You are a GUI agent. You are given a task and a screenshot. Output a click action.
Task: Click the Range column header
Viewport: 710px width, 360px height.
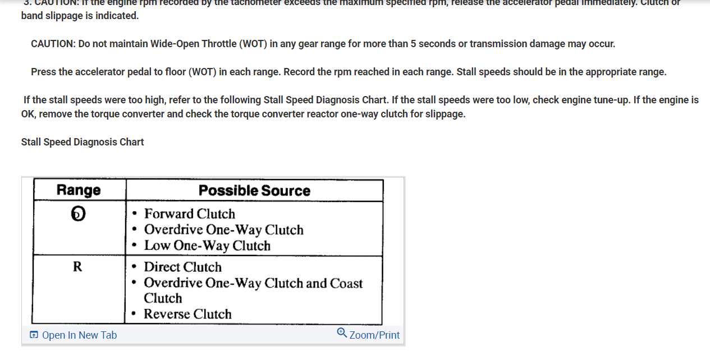click(79, 190)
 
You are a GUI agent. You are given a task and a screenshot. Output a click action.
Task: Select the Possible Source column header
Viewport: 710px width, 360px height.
click(254, 191)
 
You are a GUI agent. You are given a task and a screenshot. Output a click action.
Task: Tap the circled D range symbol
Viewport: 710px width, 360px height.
click(79, 213)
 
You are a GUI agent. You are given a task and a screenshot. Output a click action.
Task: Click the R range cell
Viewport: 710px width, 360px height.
click(77, 267)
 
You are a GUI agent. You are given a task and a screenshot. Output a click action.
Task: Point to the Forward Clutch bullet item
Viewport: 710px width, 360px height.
click(189, 214)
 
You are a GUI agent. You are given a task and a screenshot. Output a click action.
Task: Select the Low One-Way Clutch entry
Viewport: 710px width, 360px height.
click(207, 245)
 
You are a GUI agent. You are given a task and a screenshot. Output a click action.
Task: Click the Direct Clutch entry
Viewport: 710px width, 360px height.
click(182, 267)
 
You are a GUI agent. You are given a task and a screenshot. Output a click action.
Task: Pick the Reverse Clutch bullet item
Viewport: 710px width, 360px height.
click(187, 314)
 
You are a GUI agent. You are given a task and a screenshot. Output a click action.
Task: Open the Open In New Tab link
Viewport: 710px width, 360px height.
click(79, 335)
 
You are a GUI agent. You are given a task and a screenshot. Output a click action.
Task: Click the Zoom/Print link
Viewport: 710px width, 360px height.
click(374, 335)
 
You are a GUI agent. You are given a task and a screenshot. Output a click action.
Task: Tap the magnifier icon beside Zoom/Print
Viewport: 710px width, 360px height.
click(342, 333)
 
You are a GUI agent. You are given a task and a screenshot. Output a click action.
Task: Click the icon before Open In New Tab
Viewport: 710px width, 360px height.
click(34, 335)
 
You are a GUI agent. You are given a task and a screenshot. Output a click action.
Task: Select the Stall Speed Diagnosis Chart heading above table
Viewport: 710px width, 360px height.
click(83, 142)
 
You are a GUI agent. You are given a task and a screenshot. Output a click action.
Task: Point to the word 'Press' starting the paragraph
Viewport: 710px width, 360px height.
click(44, 72)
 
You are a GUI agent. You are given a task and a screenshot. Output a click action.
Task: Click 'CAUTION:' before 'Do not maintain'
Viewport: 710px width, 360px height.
click(53, 44)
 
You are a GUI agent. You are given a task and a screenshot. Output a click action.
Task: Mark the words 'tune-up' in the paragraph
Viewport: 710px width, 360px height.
click(610, 100)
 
